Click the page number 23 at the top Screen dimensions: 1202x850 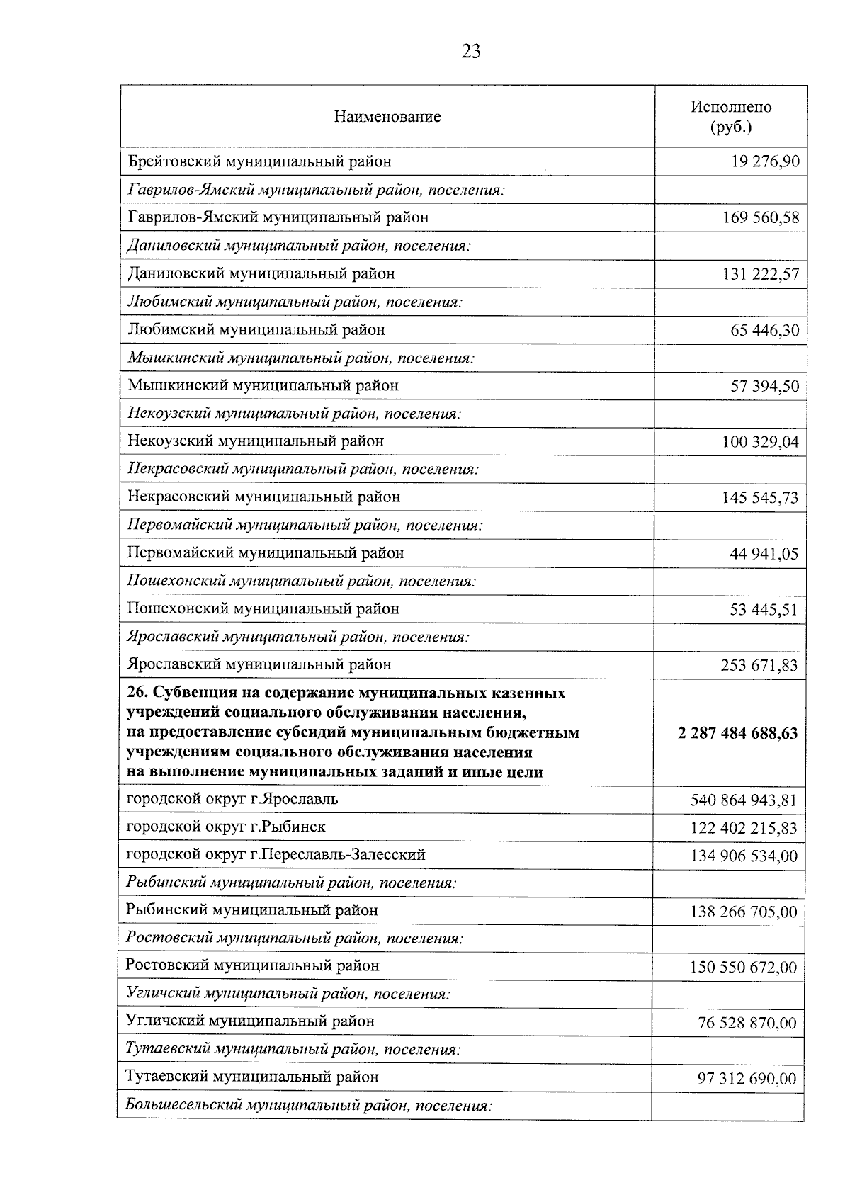[470, 51]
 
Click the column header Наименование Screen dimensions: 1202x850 [387, 117]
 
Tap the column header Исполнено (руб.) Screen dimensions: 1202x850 [731, 117]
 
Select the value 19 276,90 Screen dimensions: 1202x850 [765, 162]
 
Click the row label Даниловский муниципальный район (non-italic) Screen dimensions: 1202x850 [261, 273]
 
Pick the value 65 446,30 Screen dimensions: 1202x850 [765, 330]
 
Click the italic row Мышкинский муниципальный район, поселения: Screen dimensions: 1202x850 [301, 358]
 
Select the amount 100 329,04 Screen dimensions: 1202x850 [761, 443]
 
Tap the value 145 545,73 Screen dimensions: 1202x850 [761, 498]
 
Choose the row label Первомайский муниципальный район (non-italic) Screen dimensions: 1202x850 [266, 552]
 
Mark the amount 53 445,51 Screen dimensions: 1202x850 [764, 610]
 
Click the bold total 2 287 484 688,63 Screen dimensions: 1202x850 [737, 734]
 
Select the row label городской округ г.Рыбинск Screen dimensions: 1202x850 [226, 827]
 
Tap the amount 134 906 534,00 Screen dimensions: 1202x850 [744, 856]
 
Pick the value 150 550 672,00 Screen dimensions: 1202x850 [744, 968]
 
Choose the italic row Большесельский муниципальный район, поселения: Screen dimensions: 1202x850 [308, 1105]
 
